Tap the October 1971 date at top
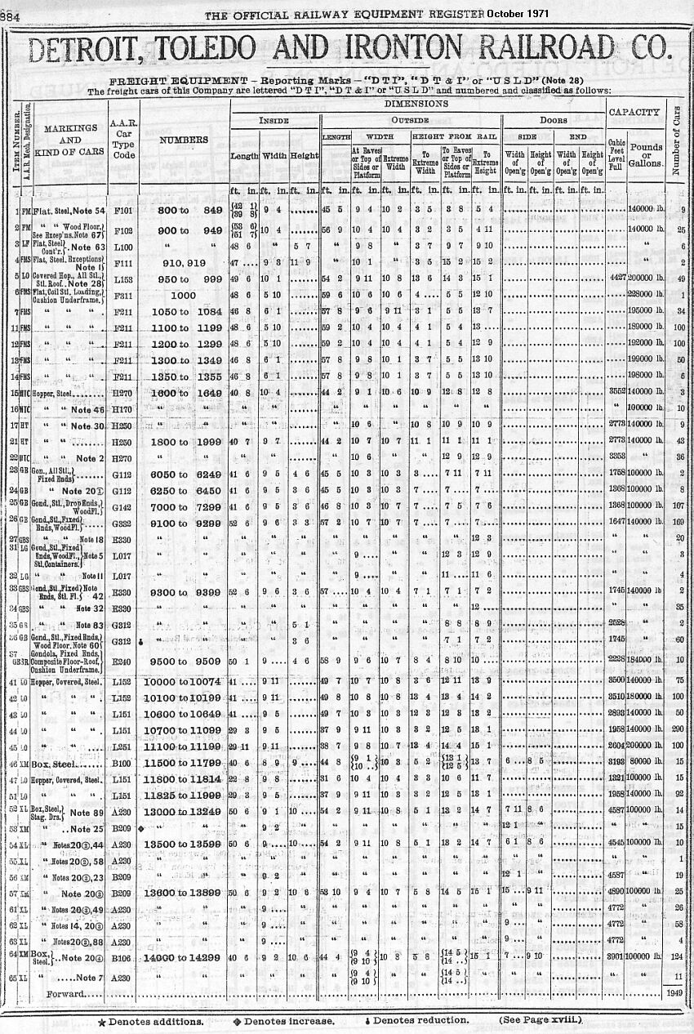coord(519,13)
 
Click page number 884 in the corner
coord(11,14)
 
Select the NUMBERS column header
coord(184,140)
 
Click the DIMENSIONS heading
coord(416,104)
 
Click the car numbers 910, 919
coord(184,263)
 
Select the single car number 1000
coord(184,294)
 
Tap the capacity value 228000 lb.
coord(643,294)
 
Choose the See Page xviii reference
coord(541,1019)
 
